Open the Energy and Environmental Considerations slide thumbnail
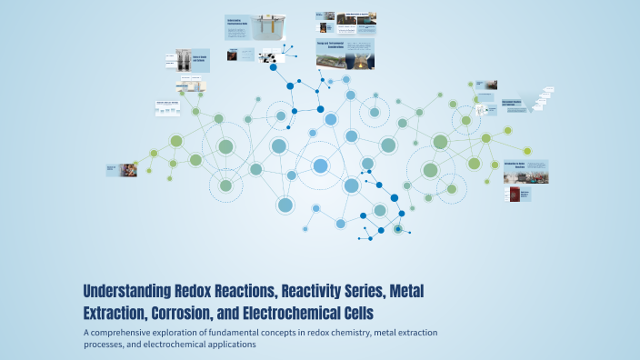tap(345, 53)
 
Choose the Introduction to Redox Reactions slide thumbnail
tap(525, 171)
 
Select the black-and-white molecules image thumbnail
tap(271, 56)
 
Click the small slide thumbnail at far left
tap(122, 169)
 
